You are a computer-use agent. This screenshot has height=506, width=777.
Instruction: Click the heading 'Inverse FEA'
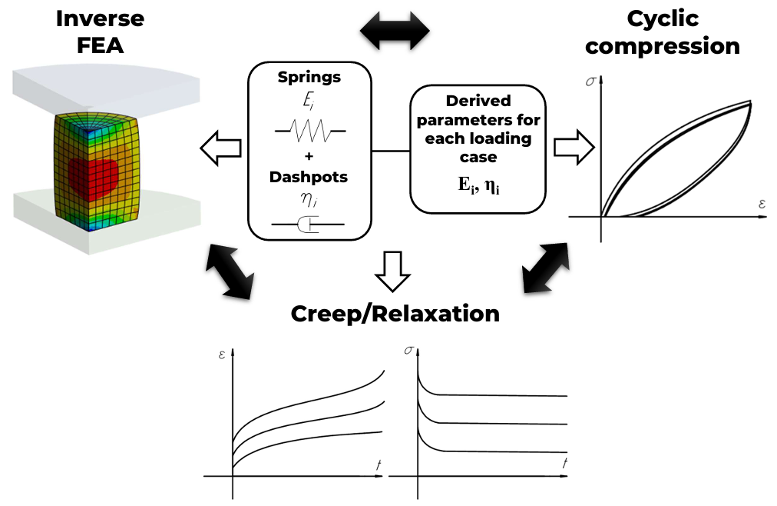click(101, 32)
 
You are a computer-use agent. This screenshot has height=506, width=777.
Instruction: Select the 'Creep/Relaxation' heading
click(395, 314)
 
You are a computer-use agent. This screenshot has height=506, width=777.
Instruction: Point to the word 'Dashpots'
click(309, 177)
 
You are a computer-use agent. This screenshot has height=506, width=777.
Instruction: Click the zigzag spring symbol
click(309, 132)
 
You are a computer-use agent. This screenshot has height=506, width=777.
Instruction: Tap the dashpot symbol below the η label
click(309, 225)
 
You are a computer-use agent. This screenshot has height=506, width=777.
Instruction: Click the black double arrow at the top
click(395, 31)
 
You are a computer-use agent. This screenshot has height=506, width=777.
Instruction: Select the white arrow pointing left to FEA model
click(220, 146)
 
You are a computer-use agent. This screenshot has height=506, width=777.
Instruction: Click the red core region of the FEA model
click(94, 175)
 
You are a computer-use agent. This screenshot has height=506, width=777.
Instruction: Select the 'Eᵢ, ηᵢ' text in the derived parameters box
click(477, 185)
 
